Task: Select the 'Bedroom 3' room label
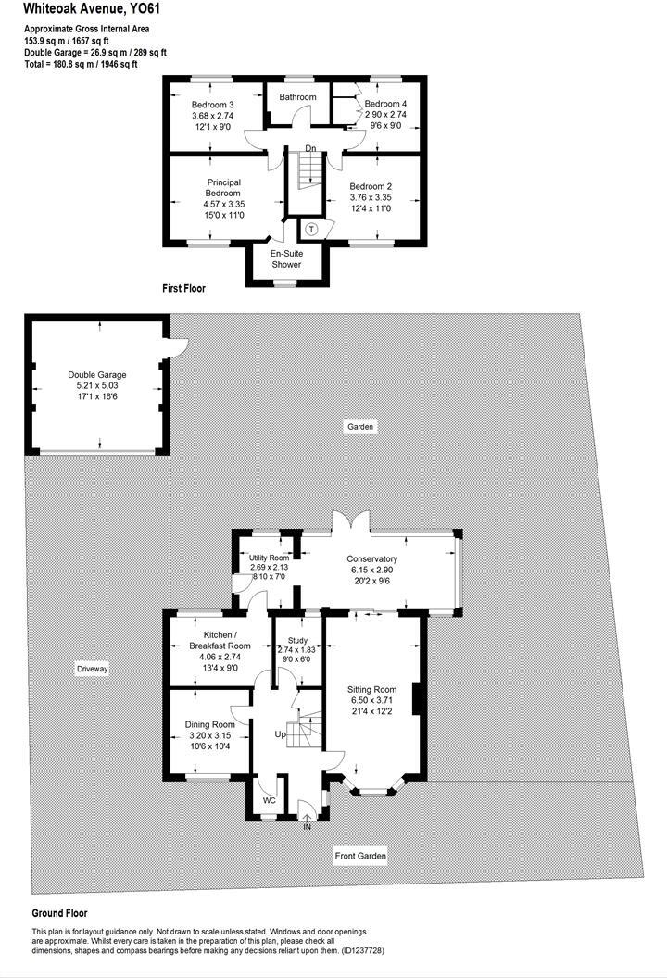(x=213, y=104)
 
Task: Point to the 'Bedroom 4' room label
(x=385, y=104)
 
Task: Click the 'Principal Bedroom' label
(x=222, y=187)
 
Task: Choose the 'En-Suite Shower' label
(x=286, y=258)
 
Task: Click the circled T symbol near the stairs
(x=311, y=229)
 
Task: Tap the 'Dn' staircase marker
(x=311, y=148)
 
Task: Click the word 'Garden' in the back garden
(x=361, y=427)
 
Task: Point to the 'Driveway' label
(x=93, y=668)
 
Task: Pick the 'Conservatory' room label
(x=371, y=558)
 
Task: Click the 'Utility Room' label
(x=270, y=558)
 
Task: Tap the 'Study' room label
(x=297, y=640)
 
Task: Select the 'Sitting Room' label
(x=371, y=690)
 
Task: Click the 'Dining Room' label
(x=210, y=724)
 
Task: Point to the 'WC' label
(x=270, y=799)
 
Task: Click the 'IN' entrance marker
(x=308, y=826)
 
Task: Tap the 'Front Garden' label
(x=360, y=857)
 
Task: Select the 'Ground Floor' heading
(x=59, y=912)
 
